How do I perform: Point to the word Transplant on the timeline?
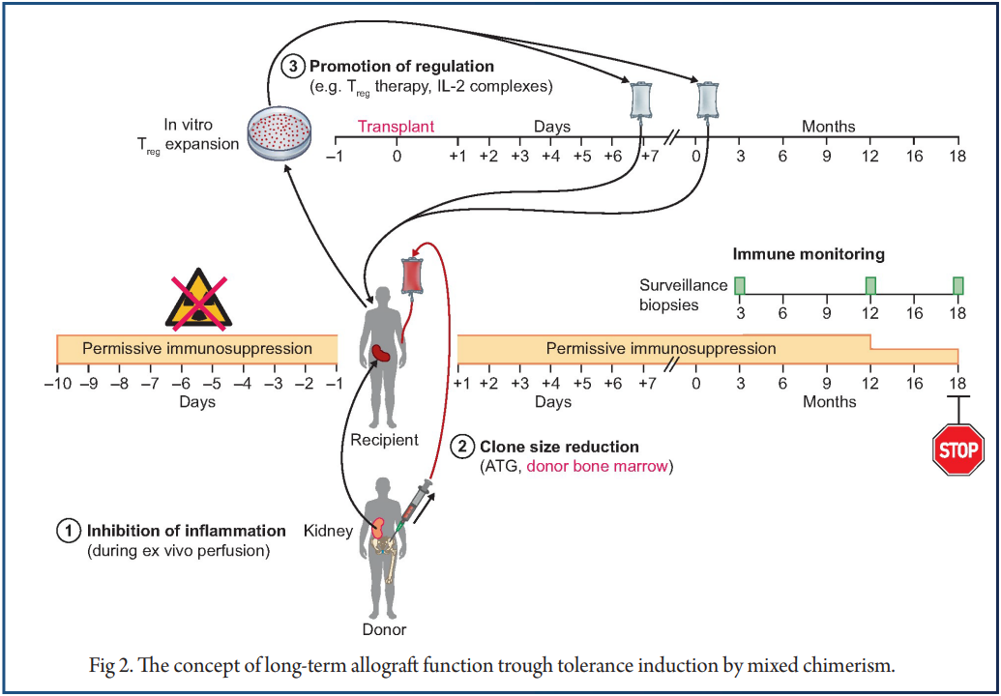[x=397, y=127]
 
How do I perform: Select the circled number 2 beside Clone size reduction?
[x=464, y=447]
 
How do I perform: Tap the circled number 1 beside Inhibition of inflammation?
[x=70, y=531]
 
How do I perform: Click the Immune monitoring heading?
[x=809, y=255]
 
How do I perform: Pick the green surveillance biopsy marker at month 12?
[x=870, y=285]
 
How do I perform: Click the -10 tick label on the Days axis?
[x=56, y=384]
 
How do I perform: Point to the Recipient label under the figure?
[x=385, y=440]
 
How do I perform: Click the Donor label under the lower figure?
[x=384, y=629]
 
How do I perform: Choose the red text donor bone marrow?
[x=598, y=466]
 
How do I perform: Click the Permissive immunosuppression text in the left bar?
[x=197, y=348]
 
